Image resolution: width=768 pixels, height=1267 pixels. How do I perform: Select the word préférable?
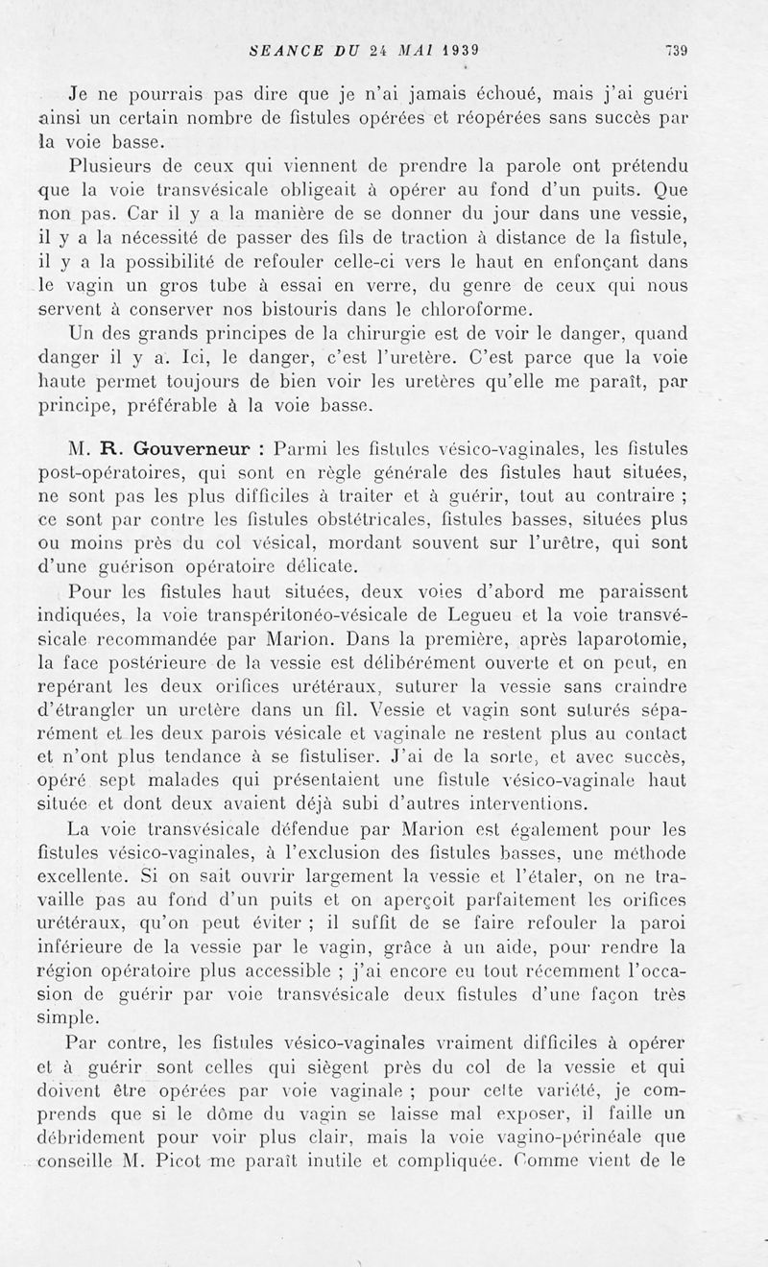pos(192,406)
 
